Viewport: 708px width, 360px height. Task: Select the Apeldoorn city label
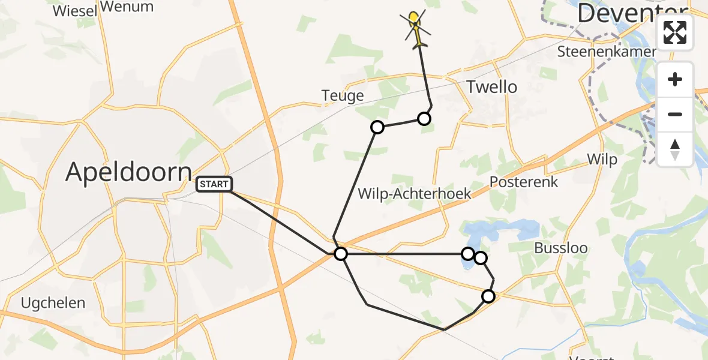(128, 172)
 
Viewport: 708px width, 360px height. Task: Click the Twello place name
(491, 87)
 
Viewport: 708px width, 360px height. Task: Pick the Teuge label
(343, 96)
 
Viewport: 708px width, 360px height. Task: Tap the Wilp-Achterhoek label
(414, 193)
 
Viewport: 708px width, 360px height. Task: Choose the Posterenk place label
(524, 182)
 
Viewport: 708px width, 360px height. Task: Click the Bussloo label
(561, 248)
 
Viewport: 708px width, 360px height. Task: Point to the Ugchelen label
(53, 303)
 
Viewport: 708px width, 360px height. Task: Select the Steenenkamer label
(607, 52)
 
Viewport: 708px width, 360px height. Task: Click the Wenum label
(127, 7)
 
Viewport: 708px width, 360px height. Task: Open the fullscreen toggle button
(675, 32)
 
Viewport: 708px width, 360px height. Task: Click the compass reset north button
(675, 148)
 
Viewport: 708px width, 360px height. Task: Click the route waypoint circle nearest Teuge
(377, 127)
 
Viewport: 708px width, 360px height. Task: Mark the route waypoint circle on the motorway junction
(341, 254)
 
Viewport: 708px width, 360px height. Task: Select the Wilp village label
(602, 159)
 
